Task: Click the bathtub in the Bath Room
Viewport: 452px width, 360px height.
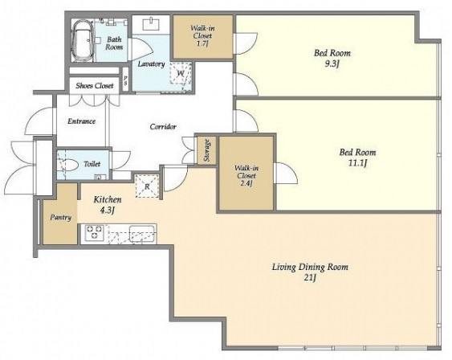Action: coord(83,40)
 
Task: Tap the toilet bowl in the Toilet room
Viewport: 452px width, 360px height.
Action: coord(70,166)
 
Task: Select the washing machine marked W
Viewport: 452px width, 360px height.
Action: coord(181,73)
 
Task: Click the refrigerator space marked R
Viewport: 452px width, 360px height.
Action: coord(147,186)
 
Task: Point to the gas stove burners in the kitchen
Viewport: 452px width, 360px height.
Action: coord(95,232)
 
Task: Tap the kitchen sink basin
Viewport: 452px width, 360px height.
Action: coord(142,232)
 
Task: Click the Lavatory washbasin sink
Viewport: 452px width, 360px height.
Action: coord(151,23)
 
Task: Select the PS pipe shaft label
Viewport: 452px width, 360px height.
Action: coord(125,80)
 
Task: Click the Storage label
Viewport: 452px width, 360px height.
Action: coord(206,150)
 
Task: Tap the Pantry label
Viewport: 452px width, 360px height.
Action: coord(60,217)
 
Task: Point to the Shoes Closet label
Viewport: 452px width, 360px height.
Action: coord(95,86)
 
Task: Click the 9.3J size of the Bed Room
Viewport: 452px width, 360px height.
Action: coord(332,64)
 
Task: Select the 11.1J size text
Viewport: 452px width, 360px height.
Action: coord(357,164)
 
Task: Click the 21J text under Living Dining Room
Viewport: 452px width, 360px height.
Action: coord(310,278)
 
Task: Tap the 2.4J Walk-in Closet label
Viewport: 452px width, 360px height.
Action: coord(246,175)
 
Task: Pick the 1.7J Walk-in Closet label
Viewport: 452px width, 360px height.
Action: coord(202,36)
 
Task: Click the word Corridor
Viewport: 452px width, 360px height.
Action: coord(163,127)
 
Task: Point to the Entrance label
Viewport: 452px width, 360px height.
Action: coord(82,121)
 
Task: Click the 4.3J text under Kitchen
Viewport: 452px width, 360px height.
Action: coord(108,211)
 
